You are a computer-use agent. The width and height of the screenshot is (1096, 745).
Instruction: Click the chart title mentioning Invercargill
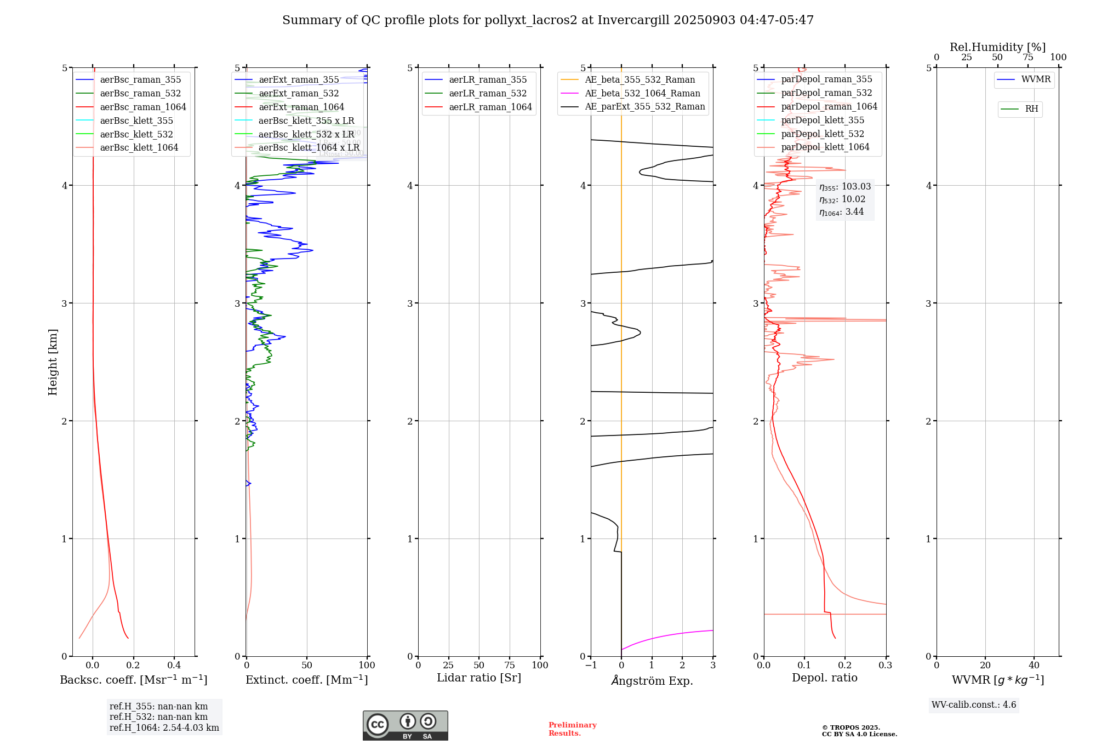548,20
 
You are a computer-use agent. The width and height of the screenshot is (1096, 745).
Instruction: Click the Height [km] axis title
53,362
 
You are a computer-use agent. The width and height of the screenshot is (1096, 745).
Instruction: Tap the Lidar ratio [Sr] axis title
479,678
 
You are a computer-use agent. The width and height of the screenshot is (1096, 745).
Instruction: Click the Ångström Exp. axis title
652,680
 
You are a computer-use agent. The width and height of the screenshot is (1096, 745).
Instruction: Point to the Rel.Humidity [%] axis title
997,47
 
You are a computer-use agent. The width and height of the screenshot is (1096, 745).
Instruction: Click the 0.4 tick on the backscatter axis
174,666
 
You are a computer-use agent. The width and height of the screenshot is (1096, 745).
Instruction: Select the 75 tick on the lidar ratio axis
510,666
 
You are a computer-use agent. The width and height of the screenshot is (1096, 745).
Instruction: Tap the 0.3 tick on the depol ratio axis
885,666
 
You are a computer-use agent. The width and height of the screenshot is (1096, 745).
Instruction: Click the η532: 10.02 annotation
842,199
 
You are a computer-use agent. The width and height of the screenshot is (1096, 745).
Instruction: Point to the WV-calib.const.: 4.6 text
974,705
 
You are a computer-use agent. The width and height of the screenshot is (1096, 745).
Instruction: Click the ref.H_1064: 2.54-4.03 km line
164,728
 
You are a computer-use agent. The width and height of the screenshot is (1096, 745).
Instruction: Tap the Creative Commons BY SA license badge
405,726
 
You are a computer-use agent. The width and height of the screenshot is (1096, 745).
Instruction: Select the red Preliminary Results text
572,729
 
